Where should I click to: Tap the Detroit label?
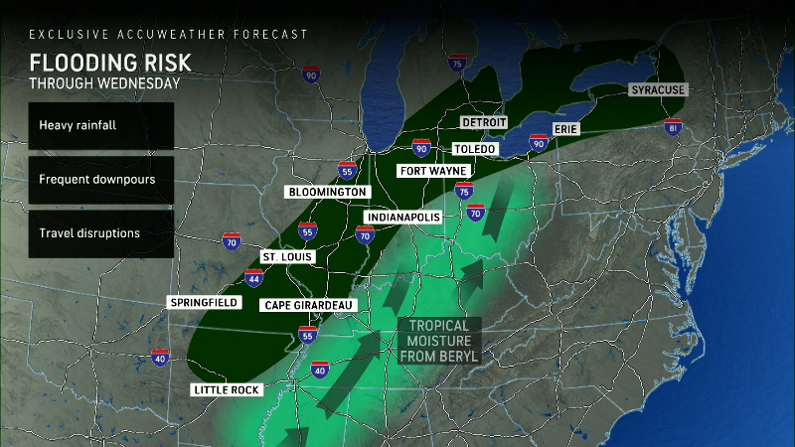[x=484, y=121]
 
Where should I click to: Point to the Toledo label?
[x=474, y=149]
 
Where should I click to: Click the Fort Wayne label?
[x=432, y=171]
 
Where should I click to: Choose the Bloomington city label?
[x=328, y=192]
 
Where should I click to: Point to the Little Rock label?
[x=228, y=390]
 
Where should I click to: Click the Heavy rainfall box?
[x=100, y=126]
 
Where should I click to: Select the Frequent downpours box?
[x=100, y=180]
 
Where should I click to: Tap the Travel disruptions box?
[x=100, y=233]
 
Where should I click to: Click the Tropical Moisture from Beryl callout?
[x=439, y=340]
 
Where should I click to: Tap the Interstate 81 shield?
[x=676, y=129]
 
